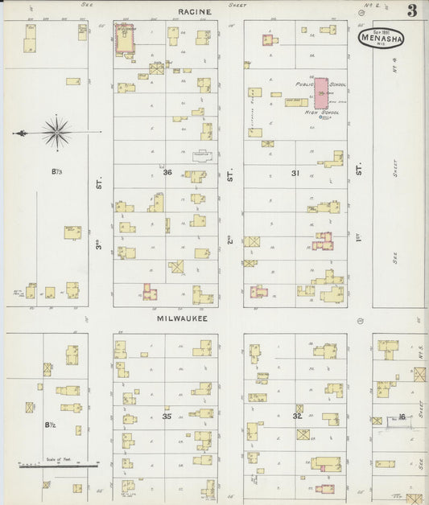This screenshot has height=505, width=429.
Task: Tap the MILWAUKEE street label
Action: tap(181, 318)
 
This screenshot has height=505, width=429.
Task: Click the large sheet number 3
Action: tap(411, 11)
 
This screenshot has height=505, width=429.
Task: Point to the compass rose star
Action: tap(56, 133)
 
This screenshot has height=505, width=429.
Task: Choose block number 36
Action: tap(167, 173)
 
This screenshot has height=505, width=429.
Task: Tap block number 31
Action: tap(295, 173)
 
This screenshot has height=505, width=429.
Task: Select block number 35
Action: tap(167, 417)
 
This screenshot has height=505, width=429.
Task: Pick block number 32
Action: tap(296, 417)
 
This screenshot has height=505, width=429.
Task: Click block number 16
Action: tap(401, 417)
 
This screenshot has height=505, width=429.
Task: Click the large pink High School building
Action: tap(321, 94)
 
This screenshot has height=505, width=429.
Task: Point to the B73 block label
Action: tap(56, 171)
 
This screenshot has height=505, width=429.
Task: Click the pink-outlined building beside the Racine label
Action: tap(124, 38)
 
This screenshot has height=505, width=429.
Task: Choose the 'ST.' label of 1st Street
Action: tap(360, 170)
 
